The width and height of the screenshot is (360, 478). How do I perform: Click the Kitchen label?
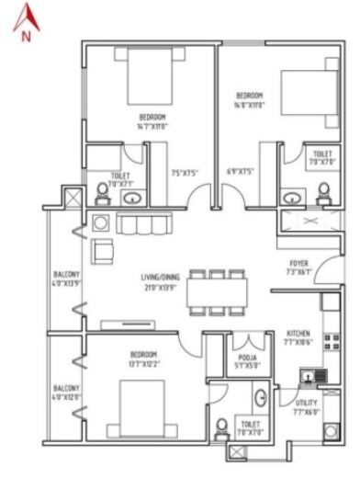point(299,336)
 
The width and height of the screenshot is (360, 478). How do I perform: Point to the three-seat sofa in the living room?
point(144,225)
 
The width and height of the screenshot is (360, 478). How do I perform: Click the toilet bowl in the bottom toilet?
point(220,428)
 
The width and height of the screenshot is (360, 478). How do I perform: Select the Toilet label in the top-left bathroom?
point(119,177)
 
